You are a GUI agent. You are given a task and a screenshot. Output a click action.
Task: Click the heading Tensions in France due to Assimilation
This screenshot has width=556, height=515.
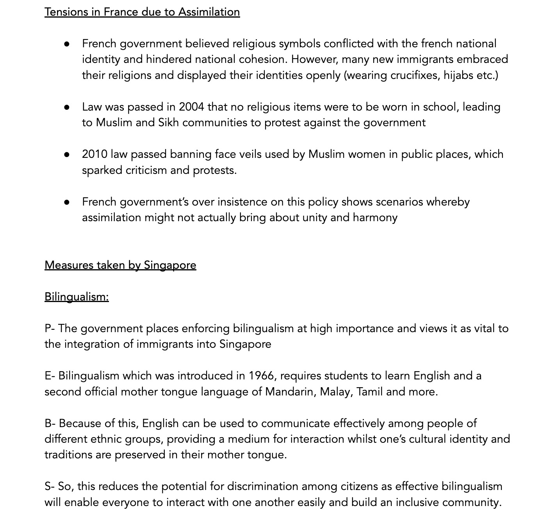pyautogui.click(x=142, y=12)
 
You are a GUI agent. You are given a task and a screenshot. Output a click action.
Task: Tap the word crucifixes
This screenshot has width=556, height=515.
pyautogui.click(x=415, y=75)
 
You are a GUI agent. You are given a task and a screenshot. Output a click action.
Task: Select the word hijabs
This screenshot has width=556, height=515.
pyautogui.click(x=458, y=75)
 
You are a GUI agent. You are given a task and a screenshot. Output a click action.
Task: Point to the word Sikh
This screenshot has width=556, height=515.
pyautogui.click(x=168, y=123)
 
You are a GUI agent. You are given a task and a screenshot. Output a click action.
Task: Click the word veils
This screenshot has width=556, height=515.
pyautogui.click(x=250, y=154)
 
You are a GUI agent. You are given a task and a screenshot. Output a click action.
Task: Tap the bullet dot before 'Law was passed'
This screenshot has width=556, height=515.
pyautogui.click(x=67, y=107)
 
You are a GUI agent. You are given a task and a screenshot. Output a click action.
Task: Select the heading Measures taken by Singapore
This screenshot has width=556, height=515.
pyautogui.click(x=120, y=265)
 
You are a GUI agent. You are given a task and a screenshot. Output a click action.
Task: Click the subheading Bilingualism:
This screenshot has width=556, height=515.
pyautogui.click(x=77, y=297)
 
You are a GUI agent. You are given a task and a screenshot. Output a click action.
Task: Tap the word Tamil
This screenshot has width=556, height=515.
pyautogui.click(x=369, y=392)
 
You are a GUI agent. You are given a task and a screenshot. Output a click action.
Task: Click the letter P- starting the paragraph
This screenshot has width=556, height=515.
pyautogui.click(x=49, y=328)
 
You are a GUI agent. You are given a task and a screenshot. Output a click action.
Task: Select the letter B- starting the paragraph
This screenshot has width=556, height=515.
pyautogui.click(x=50, y=423)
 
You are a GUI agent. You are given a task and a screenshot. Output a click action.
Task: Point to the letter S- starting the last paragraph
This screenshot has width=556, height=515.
pyautogui.click(x=49, y=486)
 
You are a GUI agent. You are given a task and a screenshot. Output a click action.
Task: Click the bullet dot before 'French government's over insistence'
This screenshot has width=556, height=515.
pyautogui.click(x=67, y=202)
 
